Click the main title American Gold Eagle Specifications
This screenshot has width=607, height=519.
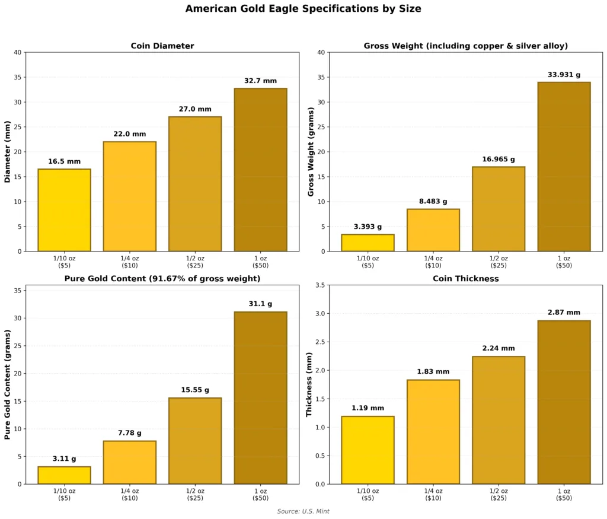coord(303,9)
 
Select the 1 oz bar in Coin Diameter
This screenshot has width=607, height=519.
coord(260,170)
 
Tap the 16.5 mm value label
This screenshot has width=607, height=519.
coord(64,161)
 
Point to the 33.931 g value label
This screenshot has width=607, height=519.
coord(564,75)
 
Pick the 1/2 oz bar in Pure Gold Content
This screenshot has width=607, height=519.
coord(195,441)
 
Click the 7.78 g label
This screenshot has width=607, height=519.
coord(129,433)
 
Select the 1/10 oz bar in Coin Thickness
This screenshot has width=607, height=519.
coord(368,450)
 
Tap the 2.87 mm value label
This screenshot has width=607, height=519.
coord(564,313)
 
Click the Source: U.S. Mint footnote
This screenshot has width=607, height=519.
coord(303,511)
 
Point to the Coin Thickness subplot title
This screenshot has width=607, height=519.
coord(465,279)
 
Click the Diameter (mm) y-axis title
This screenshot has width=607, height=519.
coord(8,152)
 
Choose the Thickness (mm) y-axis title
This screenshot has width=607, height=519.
coord(309,384)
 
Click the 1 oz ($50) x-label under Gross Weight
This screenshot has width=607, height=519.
coord(564,262)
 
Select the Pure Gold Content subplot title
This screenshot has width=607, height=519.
coord(162,279)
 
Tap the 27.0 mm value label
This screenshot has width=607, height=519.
coord(195,109)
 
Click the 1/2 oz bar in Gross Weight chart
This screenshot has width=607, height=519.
coord(499,209)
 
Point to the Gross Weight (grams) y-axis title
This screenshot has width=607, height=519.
coord(311,152)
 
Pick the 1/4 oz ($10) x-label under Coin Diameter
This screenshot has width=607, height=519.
coord(129,262)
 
